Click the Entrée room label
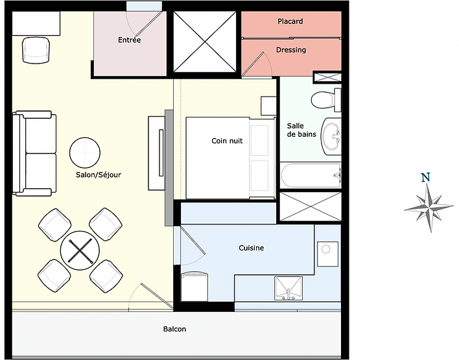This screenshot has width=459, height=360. [x=130, y=40]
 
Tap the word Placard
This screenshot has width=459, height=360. [x=290, y=21]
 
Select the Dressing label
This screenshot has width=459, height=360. [x=291, y=50]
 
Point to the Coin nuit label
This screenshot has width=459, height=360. [x=227, y=141]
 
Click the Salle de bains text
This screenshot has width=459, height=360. [x=301, y=130]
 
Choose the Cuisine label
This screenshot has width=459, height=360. [x=251, y=248]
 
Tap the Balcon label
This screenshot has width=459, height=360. [x=174, y=329]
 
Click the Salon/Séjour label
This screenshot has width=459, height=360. [x=99, y=175]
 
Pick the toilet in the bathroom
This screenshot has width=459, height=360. [x=326, y=100]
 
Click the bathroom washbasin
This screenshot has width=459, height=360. [x=331, y=136]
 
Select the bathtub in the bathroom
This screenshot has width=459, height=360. [x=311, y=176]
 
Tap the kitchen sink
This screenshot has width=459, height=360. [x=288, y=289]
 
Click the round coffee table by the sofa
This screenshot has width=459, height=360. [x=85, y=152]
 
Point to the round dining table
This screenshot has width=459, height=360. [x=80, y=250]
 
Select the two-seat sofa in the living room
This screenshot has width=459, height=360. [x=34, y=153]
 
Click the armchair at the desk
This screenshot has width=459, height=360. [x=36, y=50]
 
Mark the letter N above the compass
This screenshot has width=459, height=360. [x=426, y=177]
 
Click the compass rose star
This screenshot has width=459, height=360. [x=429, y=208]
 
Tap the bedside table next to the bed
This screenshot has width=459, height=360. [x=268, y=106]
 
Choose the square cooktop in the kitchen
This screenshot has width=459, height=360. [x=328, y=254]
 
